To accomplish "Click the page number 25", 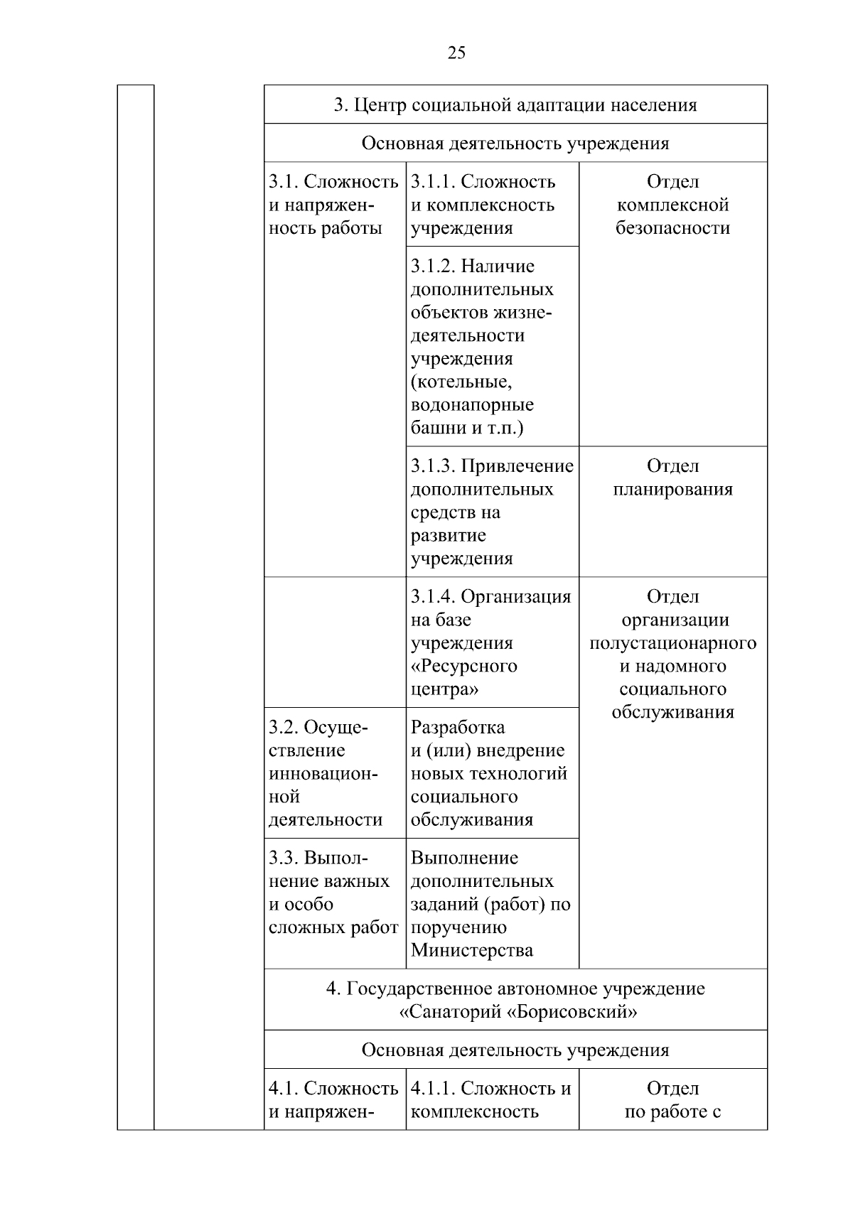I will point(456,53).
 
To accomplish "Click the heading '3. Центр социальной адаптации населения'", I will point(515,105).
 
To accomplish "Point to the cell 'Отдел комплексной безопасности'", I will point(672,205).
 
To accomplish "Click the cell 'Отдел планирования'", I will point(672,478).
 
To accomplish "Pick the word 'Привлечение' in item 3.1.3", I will point(517,466).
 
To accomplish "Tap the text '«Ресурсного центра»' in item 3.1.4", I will point(463,678).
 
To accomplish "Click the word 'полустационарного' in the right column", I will point(672,643).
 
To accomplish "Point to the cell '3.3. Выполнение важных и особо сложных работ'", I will point(333,893).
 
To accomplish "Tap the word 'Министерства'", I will point(471,951).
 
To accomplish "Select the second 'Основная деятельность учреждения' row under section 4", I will point(515,1050).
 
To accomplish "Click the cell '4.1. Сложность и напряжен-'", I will point(333,1099).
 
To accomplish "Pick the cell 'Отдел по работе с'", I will point(672,1099).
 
